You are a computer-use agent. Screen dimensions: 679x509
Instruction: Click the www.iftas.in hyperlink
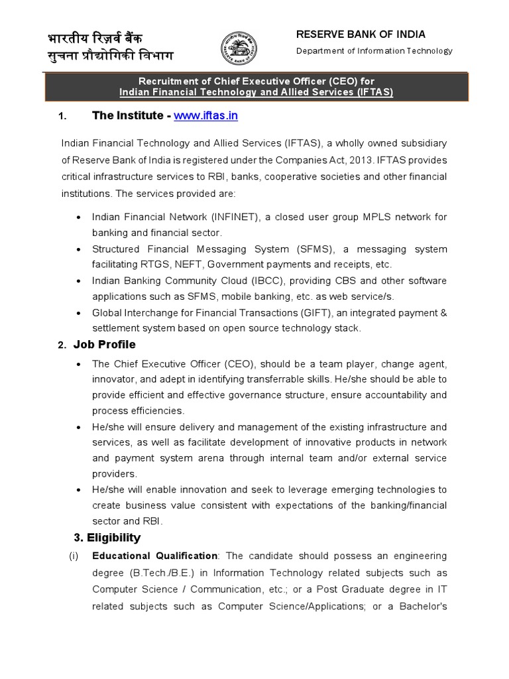[205, 116]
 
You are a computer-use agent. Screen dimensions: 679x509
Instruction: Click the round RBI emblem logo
[240, 48]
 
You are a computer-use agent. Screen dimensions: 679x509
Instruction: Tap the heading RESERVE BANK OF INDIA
[361, 34]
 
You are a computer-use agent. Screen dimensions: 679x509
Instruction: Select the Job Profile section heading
[104, 345]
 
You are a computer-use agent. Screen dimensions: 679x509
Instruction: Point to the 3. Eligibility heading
[107, 537]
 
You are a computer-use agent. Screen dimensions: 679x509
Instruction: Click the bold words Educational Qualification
[154, 556]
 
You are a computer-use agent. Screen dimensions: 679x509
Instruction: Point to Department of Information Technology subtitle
[374, 51]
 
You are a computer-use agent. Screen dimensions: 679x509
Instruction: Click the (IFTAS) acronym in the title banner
[373, 92]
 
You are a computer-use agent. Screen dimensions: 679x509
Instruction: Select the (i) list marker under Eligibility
[74, 556]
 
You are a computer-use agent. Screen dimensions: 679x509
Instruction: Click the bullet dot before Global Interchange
[80, 313]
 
